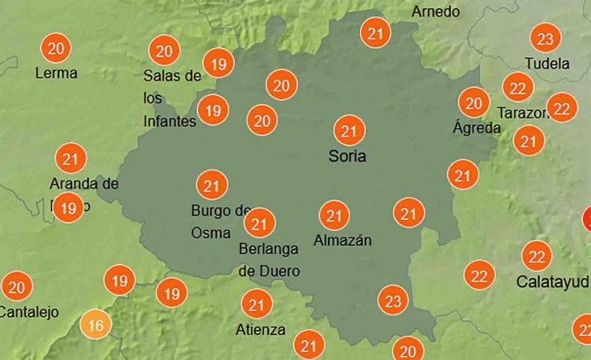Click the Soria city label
click(x=346, y=156)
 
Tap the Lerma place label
click(x=56, y=73)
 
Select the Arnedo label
click(x=435, y=12)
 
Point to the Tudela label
click(x=547, y=64)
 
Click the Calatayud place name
click(x=552, y=281)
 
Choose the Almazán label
click(x=343, y=241)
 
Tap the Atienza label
click(x=260, y=329)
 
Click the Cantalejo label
click(x=28, y=312)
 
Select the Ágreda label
click(x=477, y=128)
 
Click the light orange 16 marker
click(x=96, y=325)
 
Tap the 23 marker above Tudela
click(x=544, y=39)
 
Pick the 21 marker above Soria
click(x=348, y=131)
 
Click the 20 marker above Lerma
click(x=56, y=48)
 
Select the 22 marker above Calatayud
click(x=537, y=256)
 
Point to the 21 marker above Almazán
click(x=334, y=216)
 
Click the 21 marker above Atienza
click(x=257, y=305)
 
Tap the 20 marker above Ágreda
click(x=473, y=103)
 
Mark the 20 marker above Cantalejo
click(x=17, y=287)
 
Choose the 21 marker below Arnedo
click(x=377, y=34)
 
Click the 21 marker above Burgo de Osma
click(x=211, y=185)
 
